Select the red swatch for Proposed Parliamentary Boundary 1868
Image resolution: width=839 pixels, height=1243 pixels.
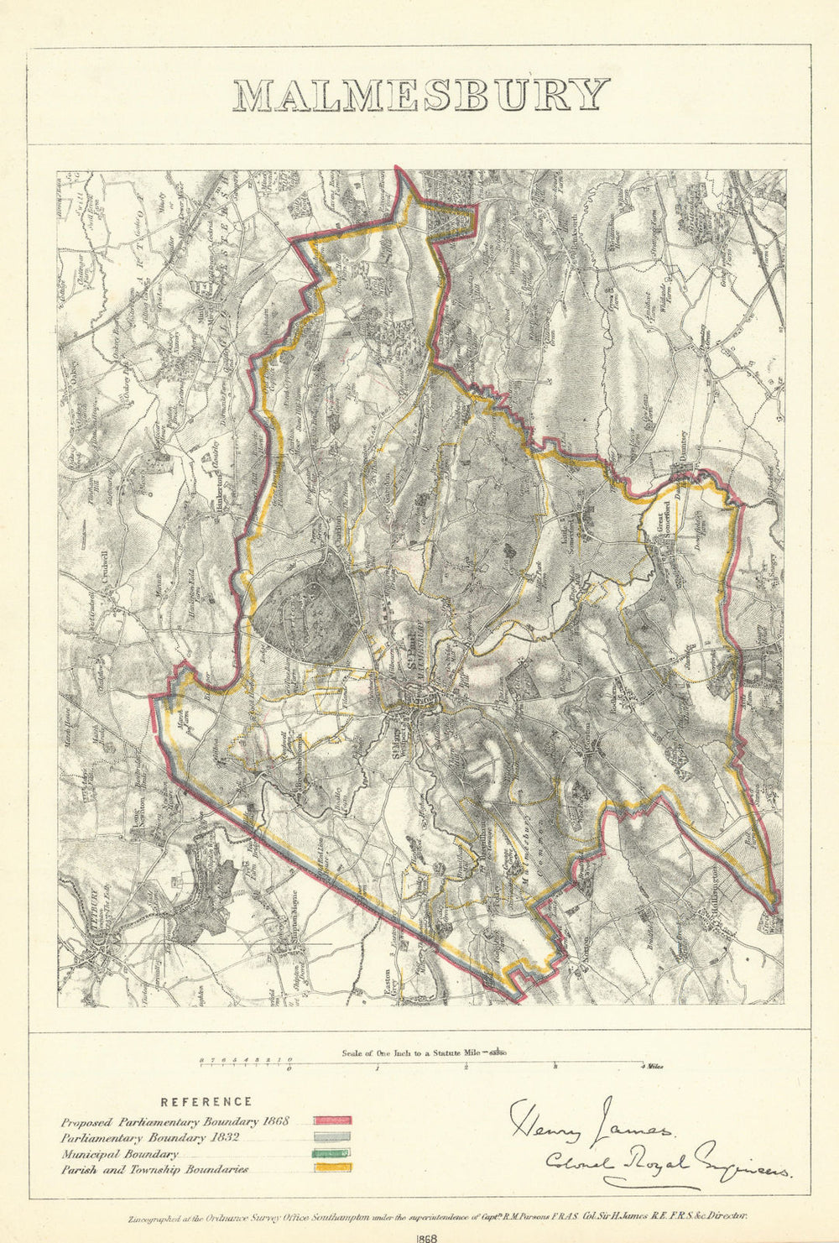click(333, 1120)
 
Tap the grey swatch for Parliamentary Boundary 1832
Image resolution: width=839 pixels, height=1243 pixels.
click(333, 1136)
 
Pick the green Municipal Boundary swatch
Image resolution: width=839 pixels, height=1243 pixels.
click(333, 1152)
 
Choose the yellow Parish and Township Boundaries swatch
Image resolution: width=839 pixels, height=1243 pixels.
click(333, 1167)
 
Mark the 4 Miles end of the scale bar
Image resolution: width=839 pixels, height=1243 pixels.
click(652, 1067)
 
